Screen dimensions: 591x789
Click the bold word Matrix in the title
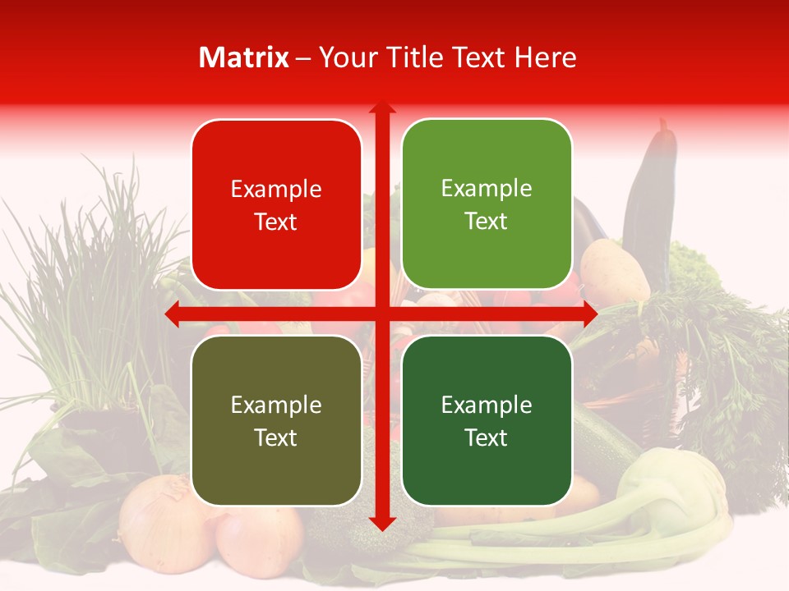tap(244, 57)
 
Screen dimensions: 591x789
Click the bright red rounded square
tap(276, 204)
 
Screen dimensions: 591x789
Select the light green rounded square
tap(487, 204)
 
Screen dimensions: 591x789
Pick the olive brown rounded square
tap(276, 420)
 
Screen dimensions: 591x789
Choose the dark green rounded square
tap(487, 420)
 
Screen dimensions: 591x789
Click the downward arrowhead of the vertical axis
tap(381, 524)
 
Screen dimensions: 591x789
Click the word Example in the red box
tap(276, 189)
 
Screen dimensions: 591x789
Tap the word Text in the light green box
tap(487, 222)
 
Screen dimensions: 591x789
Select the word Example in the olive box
tap(276, 405)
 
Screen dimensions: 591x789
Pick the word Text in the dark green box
tap(487, 438)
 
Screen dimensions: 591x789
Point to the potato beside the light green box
tap(612, 271)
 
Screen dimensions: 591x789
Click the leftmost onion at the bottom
tap(164, 525)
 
